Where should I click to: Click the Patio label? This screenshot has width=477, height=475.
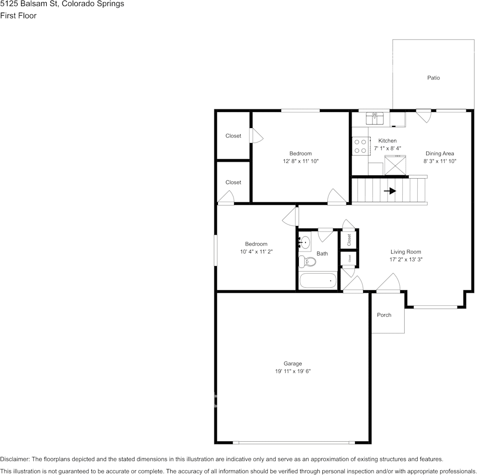433,78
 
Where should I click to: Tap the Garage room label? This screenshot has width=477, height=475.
292,364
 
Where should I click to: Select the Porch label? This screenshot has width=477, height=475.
384,315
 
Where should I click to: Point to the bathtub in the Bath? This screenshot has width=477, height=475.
318,281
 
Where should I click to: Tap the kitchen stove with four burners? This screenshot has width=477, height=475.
360,146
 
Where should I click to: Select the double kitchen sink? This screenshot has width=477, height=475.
375,118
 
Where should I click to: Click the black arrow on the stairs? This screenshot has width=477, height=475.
390,191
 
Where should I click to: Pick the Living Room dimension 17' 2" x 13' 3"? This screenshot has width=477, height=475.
406,260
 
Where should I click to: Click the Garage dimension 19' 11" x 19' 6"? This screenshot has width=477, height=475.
292,372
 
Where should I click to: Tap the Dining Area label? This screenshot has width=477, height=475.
440,154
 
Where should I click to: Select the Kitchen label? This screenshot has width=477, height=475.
387,141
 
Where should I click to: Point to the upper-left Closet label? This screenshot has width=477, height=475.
233,136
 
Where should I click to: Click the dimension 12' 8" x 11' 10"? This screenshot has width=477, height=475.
300,161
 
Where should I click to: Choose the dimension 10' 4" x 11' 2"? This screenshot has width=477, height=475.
256,252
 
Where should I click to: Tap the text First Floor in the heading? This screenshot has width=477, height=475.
18,16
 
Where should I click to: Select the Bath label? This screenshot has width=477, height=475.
322,254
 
